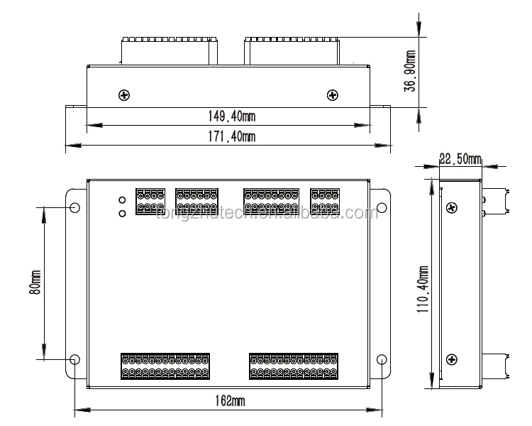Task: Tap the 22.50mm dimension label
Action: tap(460, 159)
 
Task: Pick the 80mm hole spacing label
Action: tap(35, 283)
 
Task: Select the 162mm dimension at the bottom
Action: tap(229, 401)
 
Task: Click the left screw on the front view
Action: tap(125, 95)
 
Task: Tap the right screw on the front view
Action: tap(331, 95)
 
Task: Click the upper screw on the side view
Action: tap(452, 207)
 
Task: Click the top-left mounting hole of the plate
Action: tap(75, 208)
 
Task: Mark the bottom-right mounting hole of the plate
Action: tap(381, 359)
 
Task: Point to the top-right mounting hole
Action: tap(381, 208)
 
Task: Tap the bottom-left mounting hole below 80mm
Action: tap(75, 359)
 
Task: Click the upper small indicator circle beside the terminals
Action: tap(122, 201)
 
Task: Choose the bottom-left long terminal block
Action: tap(165, 365)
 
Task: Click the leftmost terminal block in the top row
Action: tap(150, 200)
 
